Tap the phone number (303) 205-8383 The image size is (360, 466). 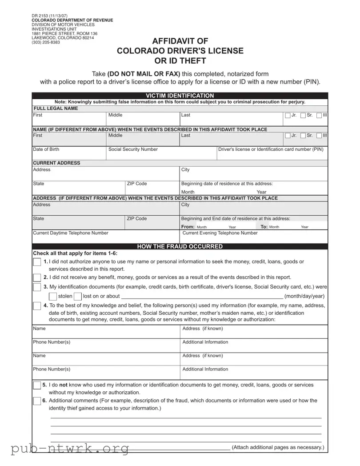click(x=45, y=42)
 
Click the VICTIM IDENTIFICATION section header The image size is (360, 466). click(x=180, y=96)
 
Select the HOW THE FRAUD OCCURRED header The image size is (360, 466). click(x=180, y=246)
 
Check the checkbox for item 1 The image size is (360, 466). click(x=37, y=262)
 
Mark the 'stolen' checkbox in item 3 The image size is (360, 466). click(x=52, y=297)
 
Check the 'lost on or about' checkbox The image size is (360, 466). click(x=78, y=297)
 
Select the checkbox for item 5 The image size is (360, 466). click(x=37, y=385)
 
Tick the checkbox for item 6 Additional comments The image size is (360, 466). click(x=37, y=401)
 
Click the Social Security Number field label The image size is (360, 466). click(x=133, y=149)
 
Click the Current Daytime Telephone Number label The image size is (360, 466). click(x=71, y=233)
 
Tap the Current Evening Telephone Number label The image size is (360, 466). click(x=220, y=233)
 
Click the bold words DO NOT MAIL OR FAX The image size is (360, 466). click(x=144, y=74)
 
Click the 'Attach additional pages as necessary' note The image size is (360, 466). click(x=278, y=447)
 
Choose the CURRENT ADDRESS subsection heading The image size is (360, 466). click(x=57, y=163)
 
